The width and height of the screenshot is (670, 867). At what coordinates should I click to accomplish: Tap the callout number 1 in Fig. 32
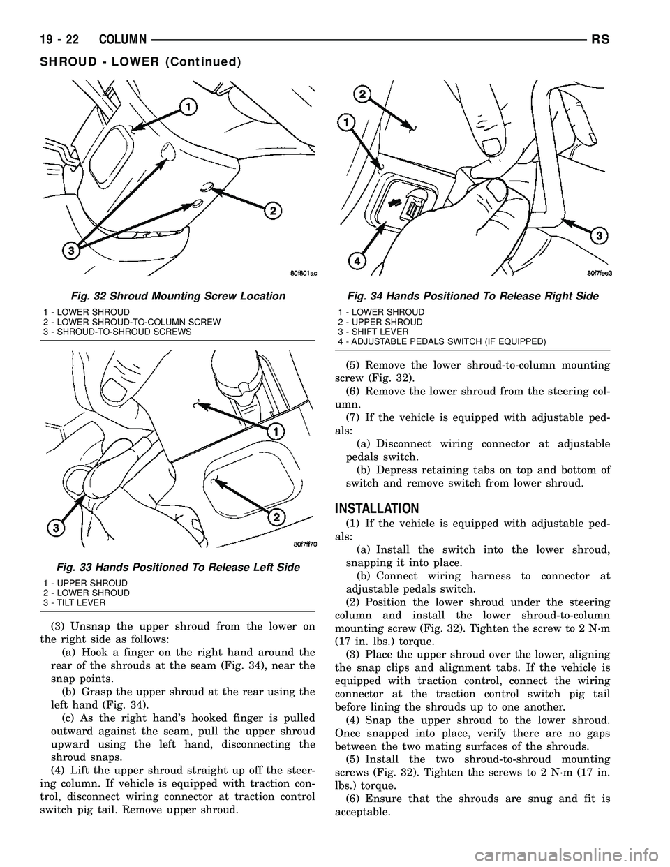tap(189, 106)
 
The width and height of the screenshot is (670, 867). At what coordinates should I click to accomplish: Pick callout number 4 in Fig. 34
tap(356, 261)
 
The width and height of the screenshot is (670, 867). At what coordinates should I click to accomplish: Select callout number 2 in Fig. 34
tap(362, 94)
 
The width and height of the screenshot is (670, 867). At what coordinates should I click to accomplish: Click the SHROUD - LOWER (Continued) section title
tap(125, 61)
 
